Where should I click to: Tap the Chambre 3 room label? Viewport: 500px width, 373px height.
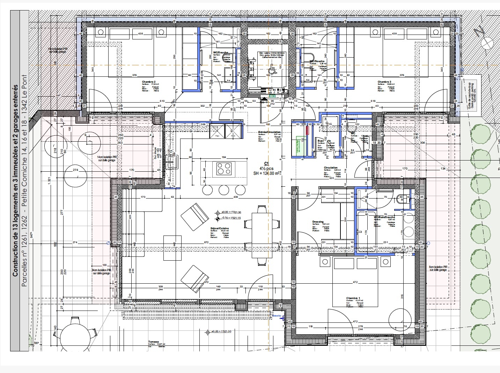click(x=384, y=82)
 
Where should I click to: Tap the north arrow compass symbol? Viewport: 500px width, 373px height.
click(x=483, y=38)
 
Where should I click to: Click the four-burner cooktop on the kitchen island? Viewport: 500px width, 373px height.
click(x=224, y=169)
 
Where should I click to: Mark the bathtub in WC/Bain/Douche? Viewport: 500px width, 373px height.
click(x=366, y=231)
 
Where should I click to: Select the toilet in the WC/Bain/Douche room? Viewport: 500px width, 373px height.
click(x=402, y=200)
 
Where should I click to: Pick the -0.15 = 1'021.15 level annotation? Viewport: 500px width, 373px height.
click(x=231, y=218)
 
